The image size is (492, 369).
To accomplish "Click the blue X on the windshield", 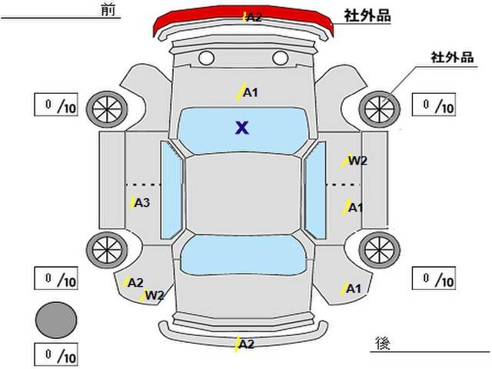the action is point(242,128).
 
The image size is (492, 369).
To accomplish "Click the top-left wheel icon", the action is point(107,109).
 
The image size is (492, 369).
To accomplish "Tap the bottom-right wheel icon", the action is point(379,250).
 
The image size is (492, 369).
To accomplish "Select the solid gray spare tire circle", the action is point(56,320).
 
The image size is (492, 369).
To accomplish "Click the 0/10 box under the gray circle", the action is point(56,354).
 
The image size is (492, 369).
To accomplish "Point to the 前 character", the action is point(108,9).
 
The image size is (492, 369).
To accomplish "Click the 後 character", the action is point(383,343).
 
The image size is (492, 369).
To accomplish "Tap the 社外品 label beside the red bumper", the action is point(367,15).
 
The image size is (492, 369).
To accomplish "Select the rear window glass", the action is point(243,255).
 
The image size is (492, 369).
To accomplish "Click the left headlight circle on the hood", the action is point(207,58).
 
